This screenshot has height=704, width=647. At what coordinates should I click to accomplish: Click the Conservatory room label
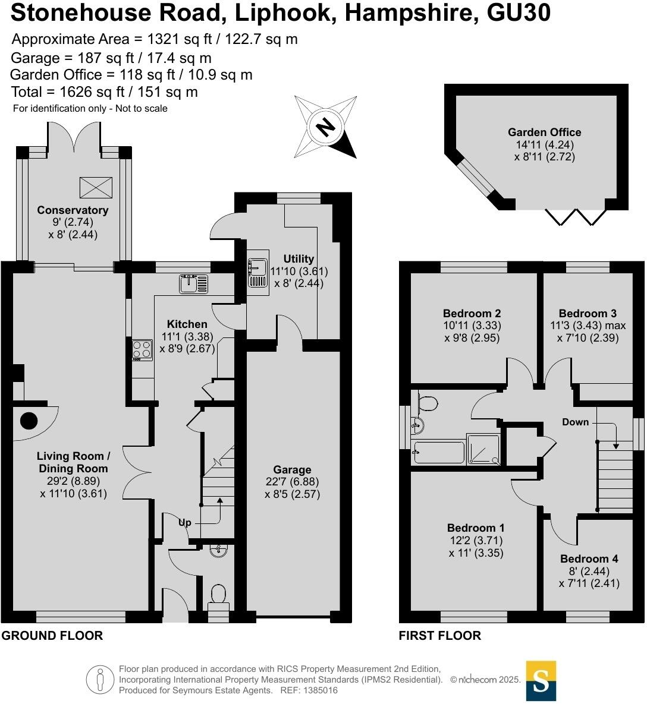(73, 210)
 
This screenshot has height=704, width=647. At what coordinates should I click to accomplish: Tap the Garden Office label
(544, 132)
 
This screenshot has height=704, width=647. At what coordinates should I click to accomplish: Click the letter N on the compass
(325, 127)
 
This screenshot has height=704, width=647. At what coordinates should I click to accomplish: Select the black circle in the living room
(29, 421)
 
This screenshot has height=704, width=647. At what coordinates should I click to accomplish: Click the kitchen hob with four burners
(142, 350)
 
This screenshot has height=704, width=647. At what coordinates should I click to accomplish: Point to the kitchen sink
(193, 284)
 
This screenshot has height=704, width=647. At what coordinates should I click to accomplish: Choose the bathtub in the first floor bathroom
(438, 453)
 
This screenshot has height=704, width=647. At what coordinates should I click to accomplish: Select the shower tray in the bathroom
(483, 449)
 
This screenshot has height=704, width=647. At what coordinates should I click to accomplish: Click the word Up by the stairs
(185, 523)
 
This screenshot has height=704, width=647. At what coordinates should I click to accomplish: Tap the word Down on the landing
(575, 422)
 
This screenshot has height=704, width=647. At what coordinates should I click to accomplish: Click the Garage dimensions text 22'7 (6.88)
(292, 482)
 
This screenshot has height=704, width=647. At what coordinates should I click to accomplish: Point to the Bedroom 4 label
(589, 558)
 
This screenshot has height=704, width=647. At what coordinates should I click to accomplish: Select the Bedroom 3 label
(588, 314)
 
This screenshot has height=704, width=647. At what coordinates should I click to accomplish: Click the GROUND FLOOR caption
(52, 636)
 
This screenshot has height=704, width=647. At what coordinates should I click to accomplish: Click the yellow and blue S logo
(541, 680)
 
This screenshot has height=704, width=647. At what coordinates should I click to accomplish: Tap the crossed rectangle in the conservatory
(96, 187)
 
